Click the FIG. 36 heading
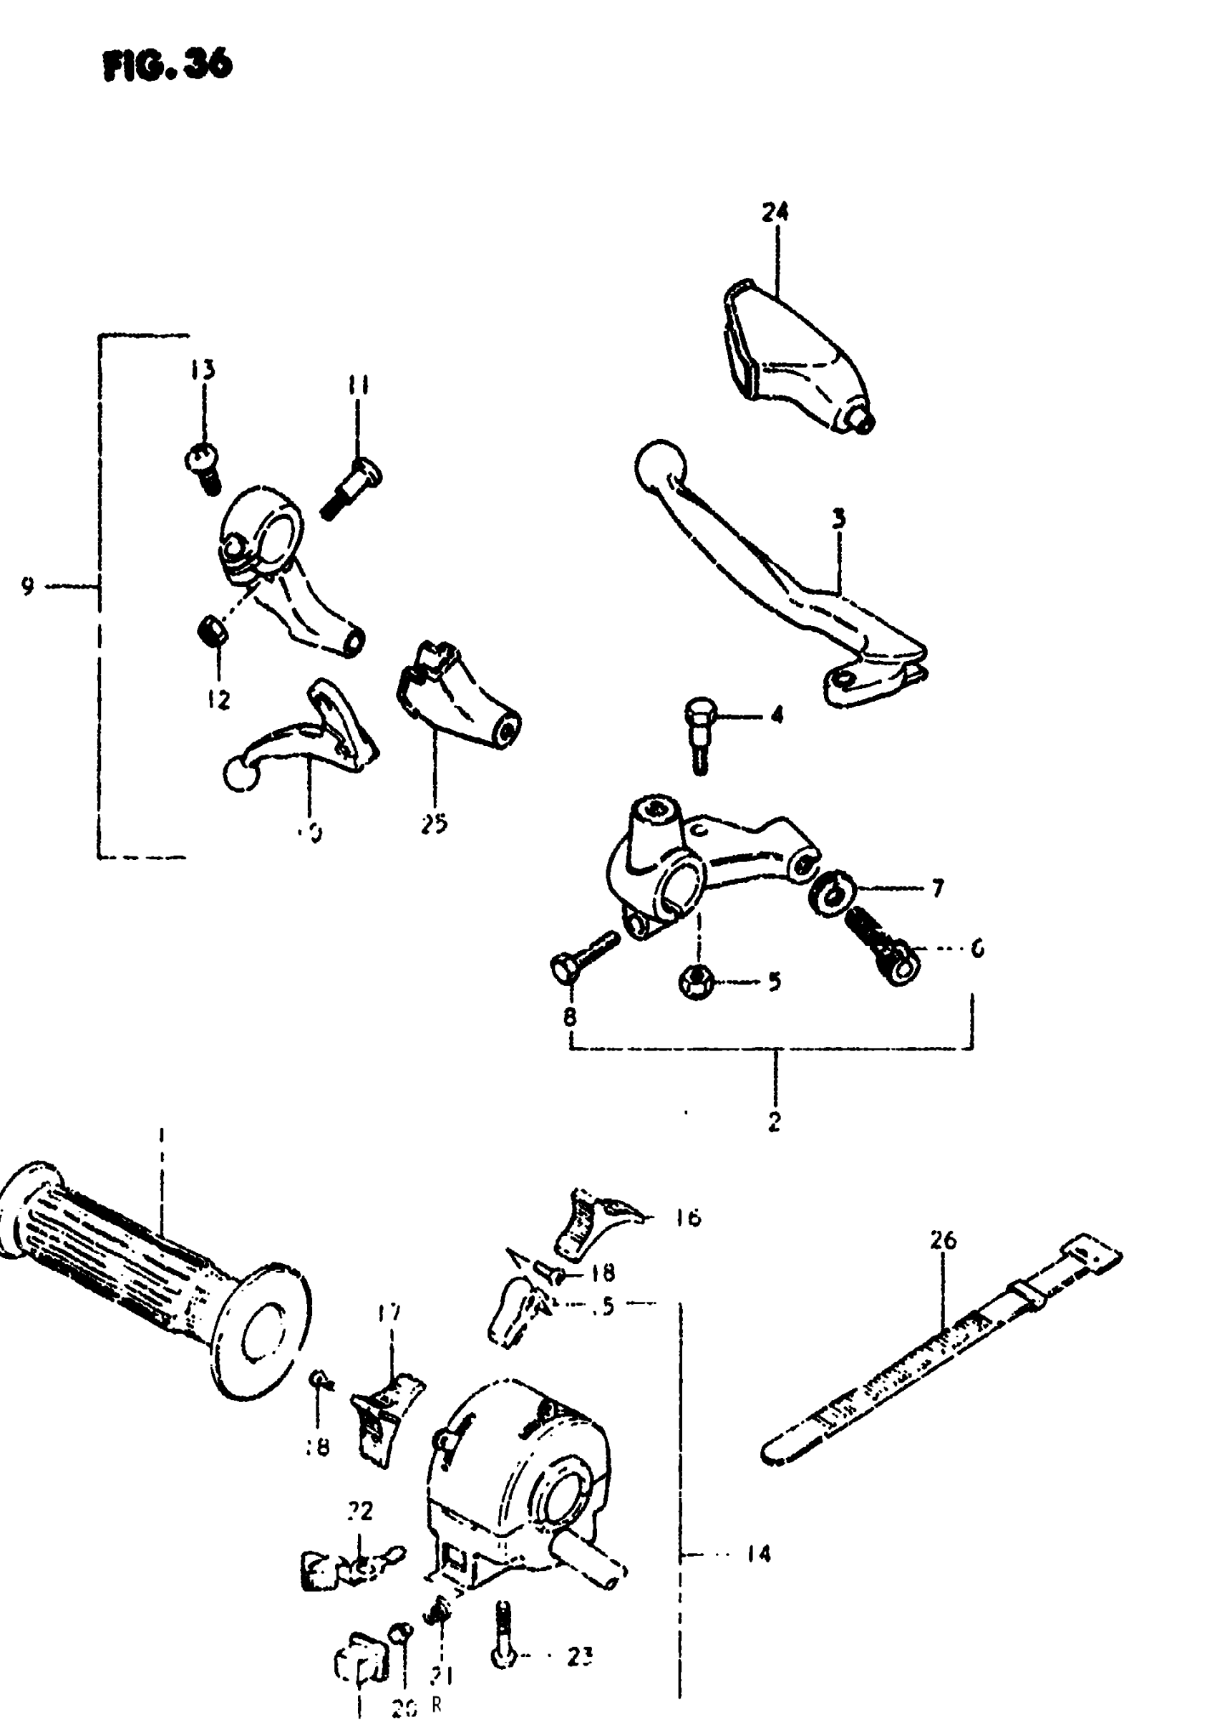[167, 64]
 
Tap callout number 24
[775, 213]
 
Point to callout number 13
[202, 370]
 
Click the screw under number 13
[203, 468]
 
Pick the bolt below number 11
[352, 487]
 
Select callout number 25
[434, 823]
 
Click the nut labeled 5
[697, 980]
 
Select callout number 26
[943, 1240]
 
